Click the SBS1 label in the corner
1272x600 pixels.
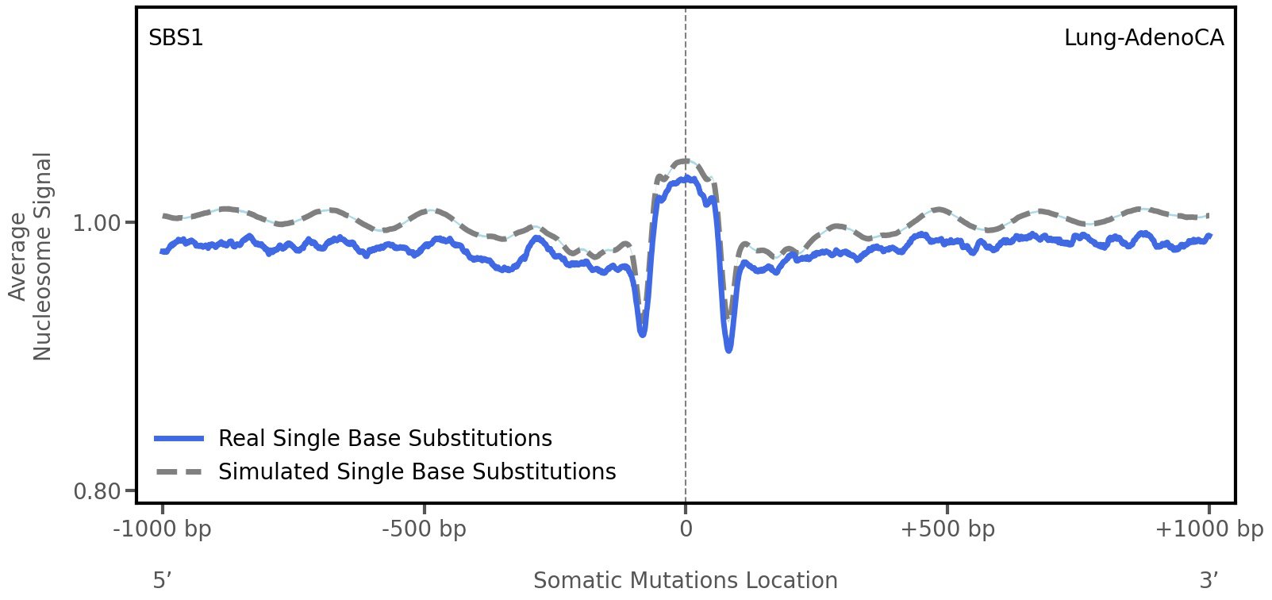point(176,38)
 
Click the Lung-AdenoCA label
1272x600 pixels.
point(1143,38)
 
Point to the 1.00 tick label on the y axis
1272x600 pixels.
point(97,223)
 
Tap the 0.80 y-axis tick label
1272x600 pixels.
point(97,492)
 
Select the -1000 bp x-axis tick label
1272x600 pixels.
point(163,529)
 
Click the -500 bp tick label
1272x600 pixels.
point(424,529)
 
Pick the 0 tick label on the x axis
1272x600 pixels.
point(686,529)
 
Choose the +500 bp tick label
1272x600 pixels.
point(947,529)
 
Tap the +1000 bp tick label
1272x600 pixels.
point(1209,529)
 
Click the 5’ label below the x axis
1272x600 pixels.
point(163,580)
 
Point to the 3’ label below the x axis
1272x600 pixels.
point(1209,580)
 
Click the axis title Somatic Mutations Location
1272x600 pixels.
point(686,580)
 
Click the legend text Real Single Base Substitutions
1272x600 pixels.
point(385,439)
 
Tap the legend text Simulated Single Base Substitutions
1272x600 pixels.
point(417,472)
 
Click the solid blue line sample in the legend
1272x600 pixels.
point(180,439)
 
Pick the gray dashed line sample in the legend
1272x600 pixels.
point(180,472)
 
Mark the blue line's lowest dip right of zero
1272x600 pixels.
point(728,349)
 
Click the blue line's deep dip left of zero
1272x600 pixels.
point(642,334)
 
